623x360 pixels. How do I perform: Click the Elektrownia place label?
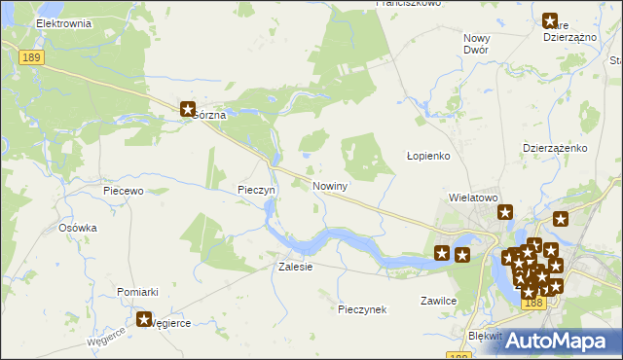[62, 22]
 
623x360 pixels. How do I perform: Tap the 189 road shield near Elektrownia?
[30, 58]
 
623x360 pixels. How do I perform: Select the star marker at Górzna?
[188, 110]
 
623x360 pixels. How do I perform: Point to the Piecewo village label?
[124, 192]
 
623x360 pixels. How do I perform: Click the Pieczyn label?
[258, 191]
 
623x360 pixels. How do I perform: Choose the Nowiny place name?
[330, 185]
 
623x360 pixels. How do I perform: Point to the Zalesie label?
[296, 267]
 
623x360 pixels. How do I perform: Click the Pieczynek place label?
[362, 309]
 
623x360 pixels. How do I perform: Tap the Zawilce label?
[439, 301]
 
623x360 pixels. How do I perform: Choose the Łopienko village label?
[426, 157]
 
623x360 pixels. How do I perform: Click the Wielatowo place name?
[473, 197]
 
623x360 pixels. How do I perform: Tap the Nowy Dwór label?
[476, 43]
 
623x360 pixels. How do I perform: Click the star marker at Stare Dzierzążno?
[550, 20]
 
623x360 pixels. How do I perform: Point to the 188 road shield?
[531, 304]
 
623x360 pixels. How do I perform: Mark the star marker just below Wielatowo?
[504, 212]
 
